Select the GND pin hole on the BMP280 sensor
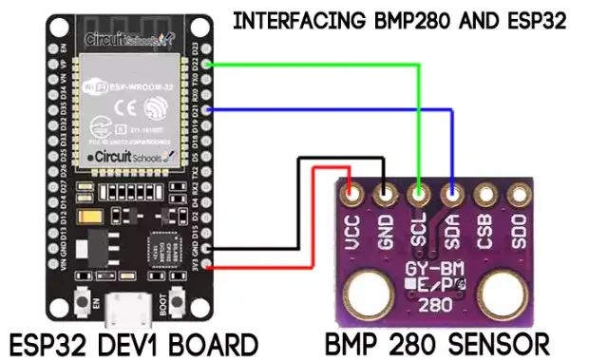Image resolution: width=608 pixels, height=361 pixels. point(386,197)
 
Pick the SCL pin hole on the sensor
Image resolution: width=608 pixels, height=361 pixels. point(419,197)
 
